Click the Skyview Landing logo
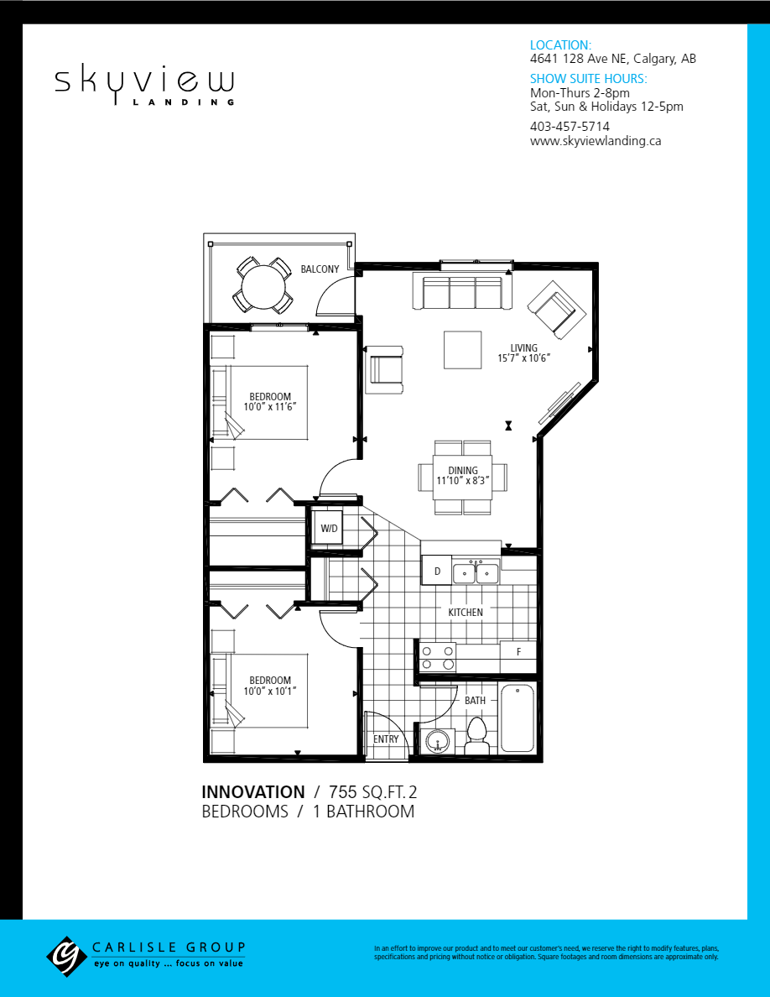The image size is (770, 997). (x=144, y=84)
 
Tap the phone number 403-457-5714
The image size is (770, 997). (x=570, y=126)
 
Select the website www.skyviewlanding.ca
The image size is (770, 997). (x=595, y=141)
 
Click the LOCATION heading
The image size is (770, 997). (x=560, y=45)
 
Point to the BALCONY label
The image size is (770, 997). (x=320, y=269)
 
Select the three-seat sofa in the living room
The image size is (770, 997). (x=462, y=292)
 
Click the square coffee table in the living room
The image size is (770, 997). (x=463, y=350)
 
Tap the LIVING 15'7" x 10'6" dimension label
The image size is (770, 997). (x=529, y=354)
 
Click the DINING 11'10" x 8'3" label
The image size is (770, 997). (x=463, y=476)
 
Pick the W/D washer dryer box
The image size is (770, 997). (x=329, y=529)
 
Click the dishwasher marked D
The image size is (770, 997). (x=436, y=571)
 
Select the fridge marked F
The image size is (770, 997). (x=518, y=652)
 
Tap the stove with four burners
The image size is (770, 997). (x=437, y=657)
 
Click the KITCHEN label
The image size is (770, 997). (x=466, y=613)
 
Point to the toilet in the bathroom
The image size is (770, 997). (x=477, y=734)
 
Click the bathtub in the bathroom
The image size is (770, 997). (x=518, y=719)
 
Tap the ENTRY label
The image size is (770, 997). (x=386, y=739)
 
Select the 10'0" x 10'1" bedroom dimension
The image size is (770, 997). (x=270, y=691)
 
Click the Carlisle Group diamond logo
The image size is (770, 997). (x=66, y=956)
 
